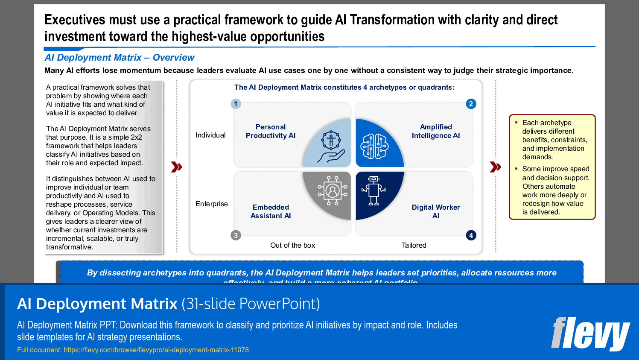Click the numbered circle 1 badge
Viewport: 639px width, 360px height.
[236, 104]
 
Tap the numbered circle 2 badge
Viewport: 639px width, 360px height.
[471, 104]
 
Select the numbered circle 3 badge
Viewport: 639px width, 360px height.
[236, 235]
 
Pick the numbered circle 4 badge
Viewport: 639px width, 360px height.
[471, 235]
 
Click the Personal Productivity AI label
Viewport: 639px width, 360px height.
[271, 131]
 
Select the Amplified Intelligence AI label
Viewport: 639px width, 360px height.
[435, 131]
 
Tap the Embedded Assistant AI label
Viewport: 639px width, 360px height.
[271, 211]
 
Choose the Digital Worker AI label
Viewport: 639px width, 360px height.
[435, 211]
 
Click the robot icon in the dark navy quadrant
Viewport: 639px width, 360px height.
[373, 190]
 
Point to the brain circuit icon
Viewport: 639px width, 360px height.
[374, 146]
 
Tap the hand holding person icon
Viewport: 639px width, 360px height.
[331, 147]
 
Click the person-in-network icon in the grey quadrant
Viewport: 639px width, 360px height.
[333, 190]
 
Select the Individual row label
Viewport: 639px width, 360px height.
[210, 135]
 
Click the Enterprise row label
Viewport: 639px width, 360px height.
[212, 204]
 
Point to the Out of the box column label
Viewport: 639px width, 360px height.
[292, 245]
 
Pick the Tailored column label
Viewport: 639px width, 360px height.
[414, 245]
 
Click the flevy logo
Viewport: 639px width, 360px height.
[590, 334]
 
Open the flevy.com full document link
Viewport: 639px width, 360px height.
[156, 350]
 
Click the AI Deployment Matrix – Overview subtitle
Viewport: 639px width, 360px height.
[120, 58]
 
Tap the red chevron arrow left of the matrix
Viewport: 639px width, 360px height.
[176, 167]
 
